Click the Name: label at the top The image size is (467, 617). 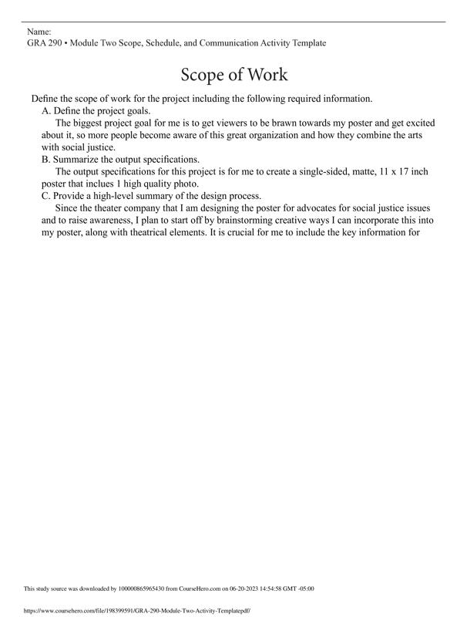tap(39, 32)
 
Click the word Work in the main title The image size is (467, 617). tap(265, 75)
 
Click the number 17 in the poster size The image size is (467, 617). tap(405, 172)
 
